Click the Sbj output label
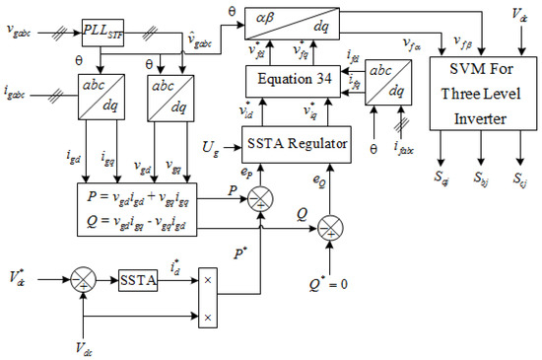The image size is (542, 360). [480, 182]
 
